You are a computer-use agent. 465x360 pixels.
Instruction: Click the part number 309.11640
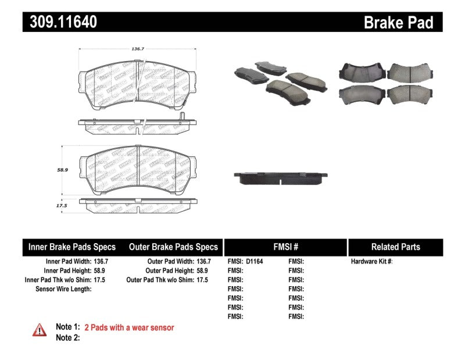[x=60, y=22]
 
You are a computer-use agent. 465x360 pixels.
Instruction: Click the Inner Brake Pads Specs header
[x=72, y=247]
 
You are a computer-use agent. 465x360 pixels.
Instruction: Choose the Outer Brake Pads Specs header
[x=174, y=247]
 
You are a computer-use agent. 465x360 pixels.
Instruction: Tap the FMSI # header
[x=285, y=247]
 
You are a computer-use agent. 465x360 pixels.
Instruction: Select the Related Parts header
[x=395, y=247]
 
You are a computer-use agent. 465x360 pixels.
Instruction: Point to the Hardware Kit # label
[x=371, y=262]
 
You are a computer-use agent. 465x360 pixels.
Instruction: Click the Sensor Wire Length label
[x=63, y=289]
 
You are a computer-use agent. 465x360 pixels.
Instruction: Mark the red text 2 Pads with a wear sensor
[x=129, y=327]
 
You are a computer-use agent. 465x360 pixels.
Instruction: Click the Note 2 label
[x=67, y=337]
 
